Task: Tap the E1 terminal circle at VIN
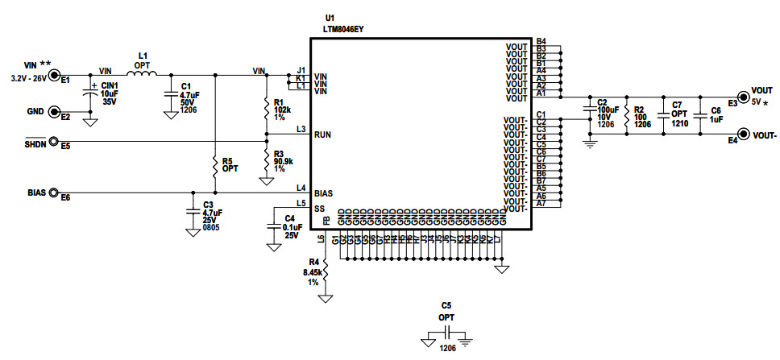pyautogui.click(x=55, y=76)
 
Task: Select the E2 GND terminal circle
pyautogui.click(x=55, y=113)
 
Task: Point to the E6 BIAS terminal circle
pyautogui.click(x=55, y=193)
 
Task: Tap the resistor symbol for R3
pyautogui.click(x=266, y=159)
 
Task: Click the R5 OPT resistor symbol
pyautogui.click(x=215, y=165)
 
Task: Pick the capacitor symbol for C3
pyautogui.click(x=193, y=213)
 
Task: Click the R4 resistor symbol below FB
pyautogui.click(x=326, y=275)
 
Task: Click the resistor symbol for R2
pyautogui.click(x=626, y=117)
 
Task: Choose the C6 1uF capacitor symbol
pyautogui.click(x=699, y=118)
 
